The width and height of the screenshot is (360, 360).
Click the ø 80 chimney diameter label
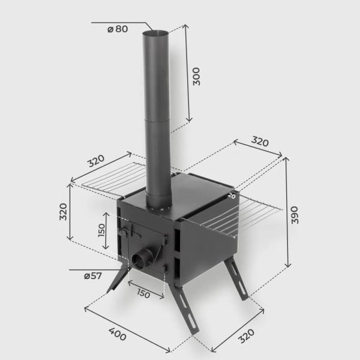click(x=118, y=29)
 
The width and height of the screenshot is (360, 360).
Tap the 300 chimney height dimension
click(x=196, y=76)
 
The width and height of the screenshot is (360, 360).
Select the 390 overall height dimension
click(x=295, y=215)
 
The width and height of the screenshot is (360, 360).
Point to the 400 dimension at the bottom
click(x=118, y=334)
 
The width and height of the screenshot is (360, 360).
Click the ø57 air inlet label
click(x=93, y=276)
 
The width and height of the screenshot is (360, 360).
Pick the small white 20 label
click(x=232, y=196)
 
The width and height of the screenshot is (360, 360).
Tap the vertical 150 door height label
click(x=101, y=230)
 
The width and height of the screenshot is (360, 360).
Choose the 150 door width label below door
click(x=143, y=293)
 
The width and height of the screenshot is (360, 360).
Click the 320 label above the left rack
click(x=96, y=160)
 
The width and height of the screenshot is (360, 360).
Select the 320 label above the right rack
click(x=260, y=141)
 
